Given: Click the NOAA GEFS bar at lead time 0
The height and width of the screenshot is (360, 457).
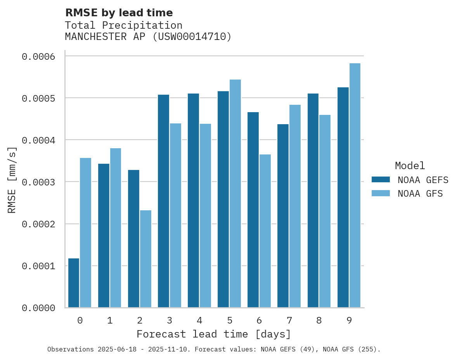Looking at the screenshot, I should click(74, 283).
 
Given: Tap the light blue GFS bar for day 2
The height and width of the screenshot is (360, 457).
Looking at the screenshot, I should click(145, 259).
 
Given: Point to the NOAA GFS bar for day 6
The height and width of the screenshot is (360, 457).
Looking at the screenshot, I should click(265, 231).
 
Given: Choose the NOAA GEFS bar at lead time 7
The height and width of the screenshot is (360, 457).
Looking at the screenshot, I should click(283, 216).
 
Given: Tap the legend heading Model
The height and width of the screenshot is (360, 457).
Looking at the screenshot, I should click(410, 166).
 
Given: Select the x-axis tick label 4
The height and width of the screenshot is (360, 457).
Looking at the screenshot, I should click(199, 320).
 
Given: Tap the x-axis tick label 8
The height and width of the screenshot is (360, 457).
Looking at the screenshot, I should click(319, 320).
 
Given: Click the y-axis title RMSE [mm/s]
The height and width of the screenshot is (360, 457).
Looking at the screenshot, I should click(12, 180).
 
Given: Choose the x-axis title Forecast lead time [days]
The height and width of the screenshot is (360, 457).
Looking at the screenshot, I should click(214, 334).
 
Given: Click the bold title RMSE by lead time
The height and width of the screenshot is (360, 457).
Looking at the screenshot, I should click(119, 13).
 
